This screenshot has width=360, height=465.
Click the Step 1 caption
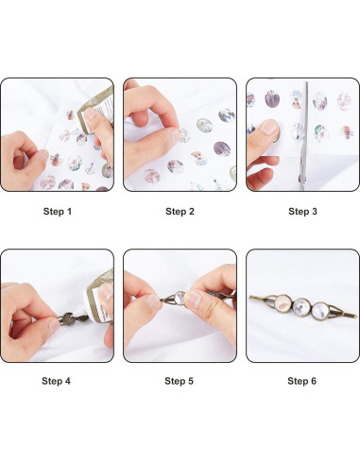pos(56,211)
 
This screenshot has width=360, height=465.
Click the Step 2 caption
pos(180,211)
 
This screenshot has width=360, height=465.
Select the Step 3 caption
pos(302,211)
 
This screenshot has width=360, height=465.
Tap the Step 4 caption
pos(56,381)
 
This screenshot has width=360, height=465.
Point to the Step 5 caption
pos(180,381)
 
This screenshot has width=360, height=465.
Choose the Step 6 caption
pos(302,381)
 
